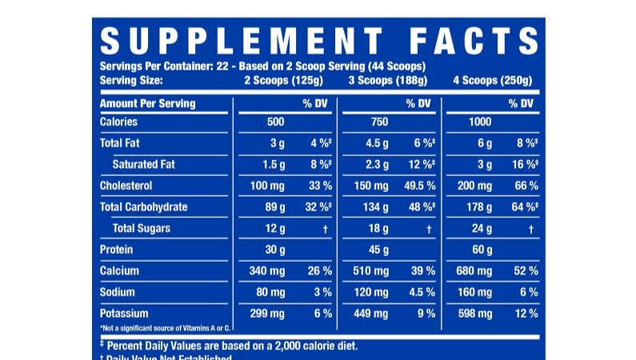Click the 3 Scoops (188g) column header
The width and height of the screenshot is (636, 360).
pos(387,80)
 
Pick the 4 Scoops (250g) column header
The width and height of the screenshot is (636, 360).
pos(494,80)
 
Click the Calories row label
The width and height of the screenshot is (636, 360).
pos(118,122)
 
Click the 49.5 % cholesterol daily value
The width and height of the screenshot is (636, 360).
pos(418,186)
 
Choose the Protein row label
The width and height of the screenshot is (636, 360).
pos(116,250)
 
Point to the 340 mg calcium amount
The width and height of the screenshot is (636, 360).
pos(267,271)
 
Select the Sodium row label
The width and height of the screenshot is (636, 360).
pos(116,292)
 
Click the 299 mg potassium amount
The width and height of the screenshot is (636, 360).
pos(267,314)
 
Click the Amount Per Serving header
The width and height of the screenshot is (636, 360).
pos(147,104)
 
